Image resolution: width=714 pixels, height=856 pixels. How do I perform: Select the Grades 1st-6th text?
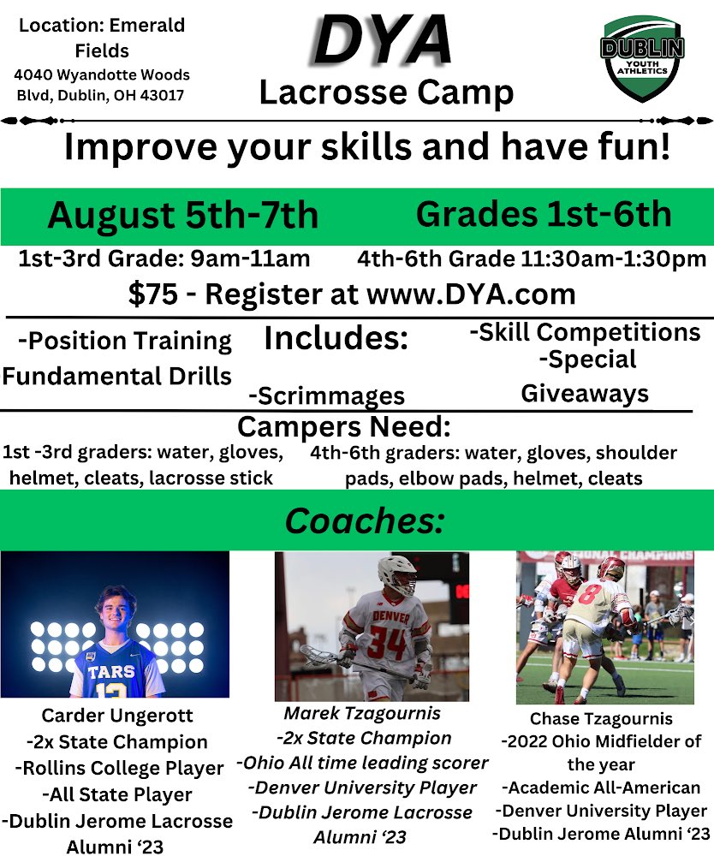pyautogui.click(x=543, y=214)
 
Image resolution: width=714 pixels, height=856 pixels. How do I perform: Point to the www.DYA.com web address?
pyautogui.click(x=470, y=294)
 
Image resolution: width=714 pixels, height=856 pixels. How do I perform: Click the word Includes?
pyautogui.click(x=336, y=338)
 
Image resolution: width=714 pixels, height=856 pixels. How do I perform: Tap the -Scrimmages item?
pyautogui.click(x=326, y=395)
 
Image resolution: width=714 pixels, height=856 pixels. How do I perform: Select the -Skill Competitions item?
pyautogui.click(x=585, y=331)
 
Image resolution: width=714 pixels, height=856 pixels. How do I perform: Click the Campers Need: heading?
pyautogui.click(x=343, y=426)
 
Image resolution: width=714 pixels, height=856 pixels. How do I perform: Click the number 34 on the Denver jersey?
pyautogui.click(x=386, y=639)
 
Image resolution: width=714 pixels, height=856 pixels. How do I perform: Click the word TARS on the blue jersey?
pyautogui.click(x=111, y=673)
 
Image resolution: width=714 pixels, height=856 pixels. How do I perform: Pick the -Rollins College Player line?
pyautogui.click(x=119, y=769)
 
